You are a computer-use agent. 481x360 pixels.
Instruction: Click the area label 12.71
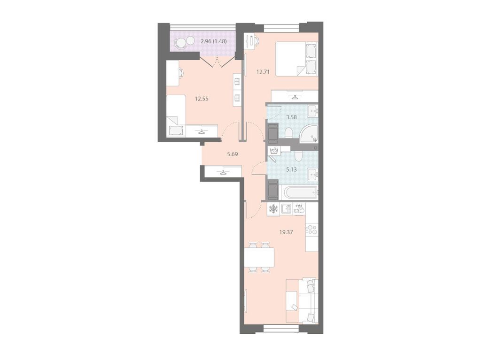(263, 72)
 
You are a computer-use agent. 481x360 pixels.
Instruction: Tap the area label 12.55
(202, 99)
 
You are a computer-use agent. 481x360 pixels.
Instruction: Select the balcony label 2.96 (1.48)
(214, 41)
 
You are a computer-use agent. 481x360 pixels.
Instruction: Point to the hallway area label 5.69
(233, 154)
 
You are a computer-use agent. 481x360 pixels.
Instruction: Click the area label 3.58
(291, 117)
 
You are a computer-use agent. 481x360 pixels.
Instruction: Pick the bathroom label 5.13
(291, 169)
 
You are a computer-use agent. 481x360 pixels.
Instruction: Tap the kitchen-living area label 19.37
(286, 232)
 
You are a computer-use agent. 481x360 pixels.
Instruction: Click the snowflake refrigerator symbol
(273, 209)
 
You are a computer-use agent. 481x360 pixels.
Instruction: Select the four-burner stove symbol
(312, 230)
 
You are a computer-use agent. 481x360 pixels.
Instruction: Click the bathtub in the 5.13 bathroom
(301, 192)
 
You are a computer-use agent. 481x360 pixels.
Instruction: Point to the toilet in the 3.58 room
(288, 132)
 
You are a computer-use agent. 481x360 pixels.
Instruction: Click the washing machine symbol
(274, 151)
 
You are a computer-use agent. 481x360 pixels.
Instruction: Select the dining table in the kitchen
(259, 258)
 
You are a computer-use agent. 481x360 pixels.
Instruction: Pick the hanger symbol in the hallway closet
(223, 172)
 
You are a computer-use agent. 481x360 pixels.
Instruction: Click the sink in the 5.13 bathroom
(313, 175)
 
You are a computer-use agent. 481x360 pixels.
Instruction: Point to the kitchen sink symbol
(286, 209)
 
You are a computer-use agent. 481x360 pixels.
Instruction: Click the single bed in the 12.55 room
(176, 116)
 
